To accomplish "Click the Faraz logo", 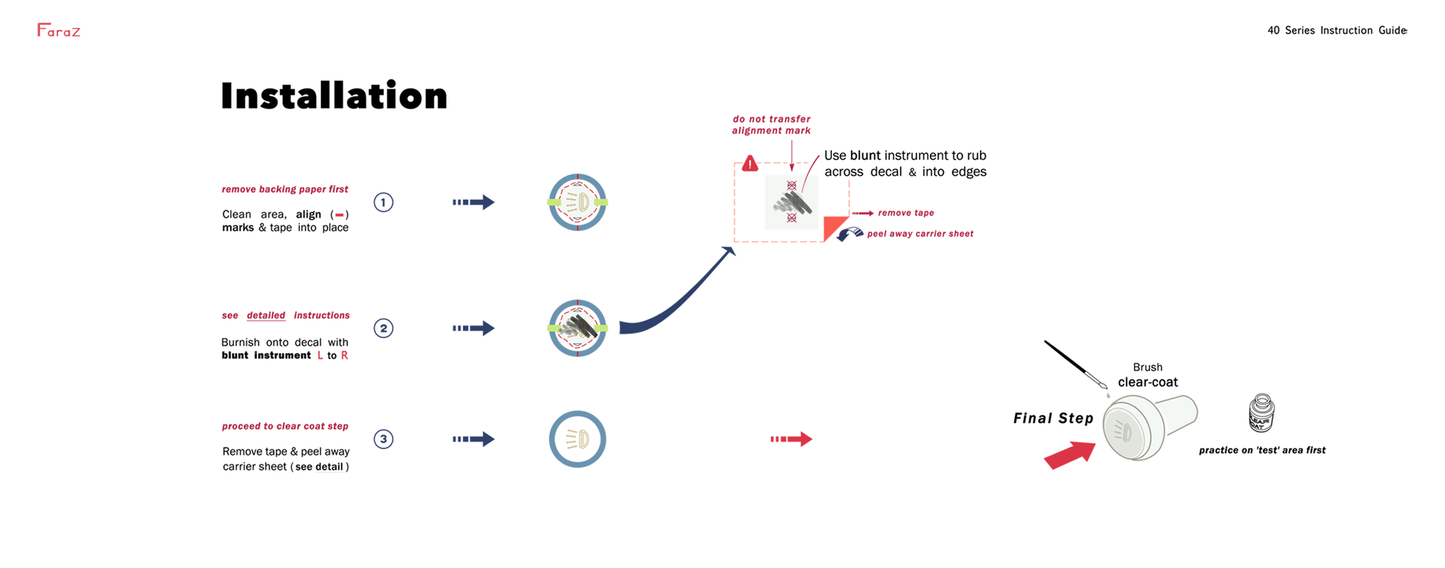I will (x=59, y=30).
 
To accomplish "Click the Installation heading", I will (x=334, y=96).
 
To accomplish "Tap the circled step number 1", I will (x=383, y=203).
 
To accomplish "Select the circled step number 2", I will (x=383, y=328).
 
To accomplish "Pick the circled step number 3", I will (x=383, y=439).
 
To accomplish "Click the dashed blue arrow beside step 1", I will (x=473, y=203).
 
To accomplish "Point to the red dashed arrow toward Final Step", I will (x=791, y=439).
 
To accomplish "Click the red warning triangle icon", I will (x=749, y=164).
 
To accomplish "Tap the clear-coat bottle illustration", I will (x=1261, y=413).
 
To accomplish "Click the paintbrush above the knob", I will (x=1075, y=364).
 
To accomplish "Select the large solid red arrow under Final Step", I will (x=1070, y=455).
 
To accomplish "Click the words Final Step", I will (x=1053, y=418).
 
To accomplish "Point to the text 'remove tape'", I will (x=906, y=213).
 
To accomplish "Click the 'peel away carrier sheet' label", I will (x=920, y=234).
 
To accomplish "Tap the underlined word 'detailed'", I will (x=266, y=315).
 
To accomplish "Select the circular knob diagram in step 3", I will (x=577, y=439).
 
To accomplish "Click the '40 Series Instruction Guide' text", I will (x=1337, y=30).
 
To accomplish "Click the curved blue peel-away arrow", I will (x=850, y=234).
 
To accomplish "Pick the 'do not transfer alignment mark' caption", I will (x=771, y=125).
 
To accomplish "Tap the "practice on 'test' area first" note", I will (x=1262, y=450).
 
